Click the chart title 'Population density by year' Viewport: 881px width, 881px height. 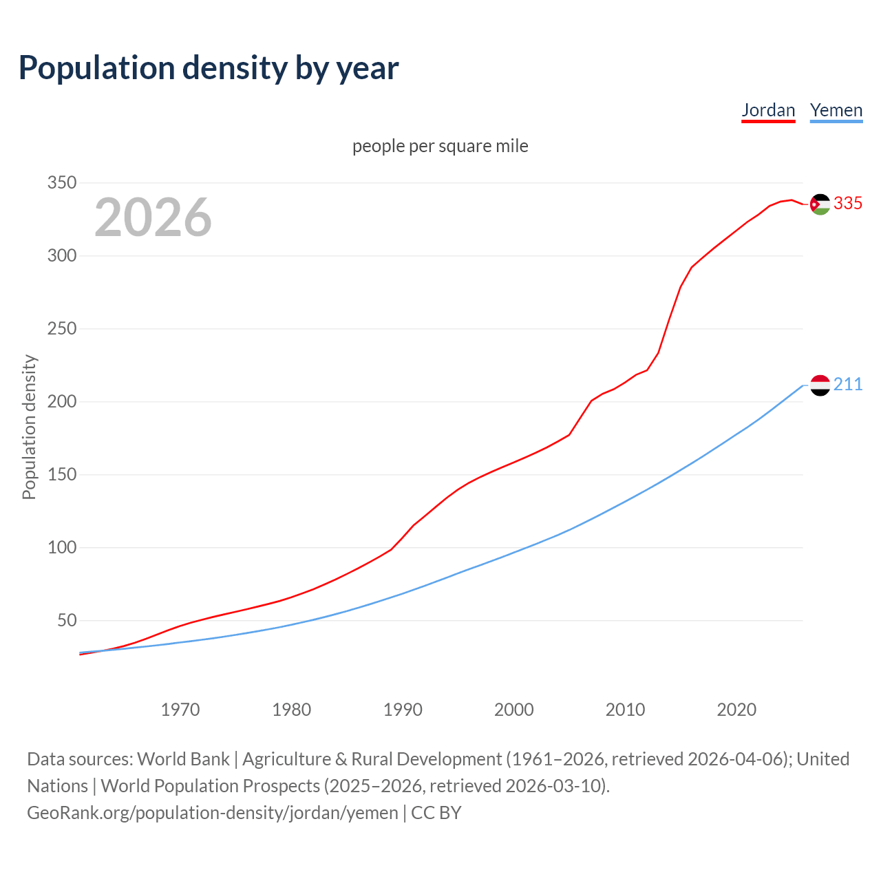(209, 67)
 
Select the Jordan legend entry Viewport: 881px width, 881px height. (768, 110)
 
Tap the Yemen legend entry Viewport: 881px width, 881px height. (836, 110)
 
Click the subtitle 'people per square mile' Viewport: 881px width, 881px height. (440, 146)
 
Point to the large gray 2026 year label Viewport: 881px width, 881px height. (153, 217)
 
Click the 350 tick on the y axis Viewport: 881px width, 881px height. (61, 183)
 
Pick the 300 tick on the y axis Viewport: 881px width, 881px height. (61, 256)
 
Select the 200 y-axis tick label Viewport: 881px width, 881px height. (61, 402)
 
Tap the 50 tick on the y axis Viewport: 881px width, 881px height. (67, 621)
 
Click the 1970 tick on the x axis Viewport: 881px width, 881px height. (180, 710)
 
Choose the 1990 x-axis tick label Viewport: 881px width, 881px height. (403, 710)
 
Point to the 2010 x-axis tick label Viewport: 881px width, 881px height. (625, 710)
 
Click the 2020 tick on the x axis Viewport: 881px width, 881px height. (736, 710)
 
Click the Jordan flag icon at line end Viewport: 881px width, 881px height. (820, 204)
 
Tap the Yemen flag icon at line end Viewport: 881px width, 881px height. (820, 385)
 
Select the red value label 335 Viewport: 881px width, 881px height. (848, 204)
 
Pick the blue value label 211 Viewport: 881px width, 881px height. (848, 385)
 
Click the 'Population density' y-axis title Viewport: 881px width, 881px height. (29, 427)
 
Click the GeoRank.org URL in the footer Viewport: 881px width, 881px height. (213, 813)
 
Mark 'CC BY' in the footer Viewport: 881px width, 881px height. (436, 813)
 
